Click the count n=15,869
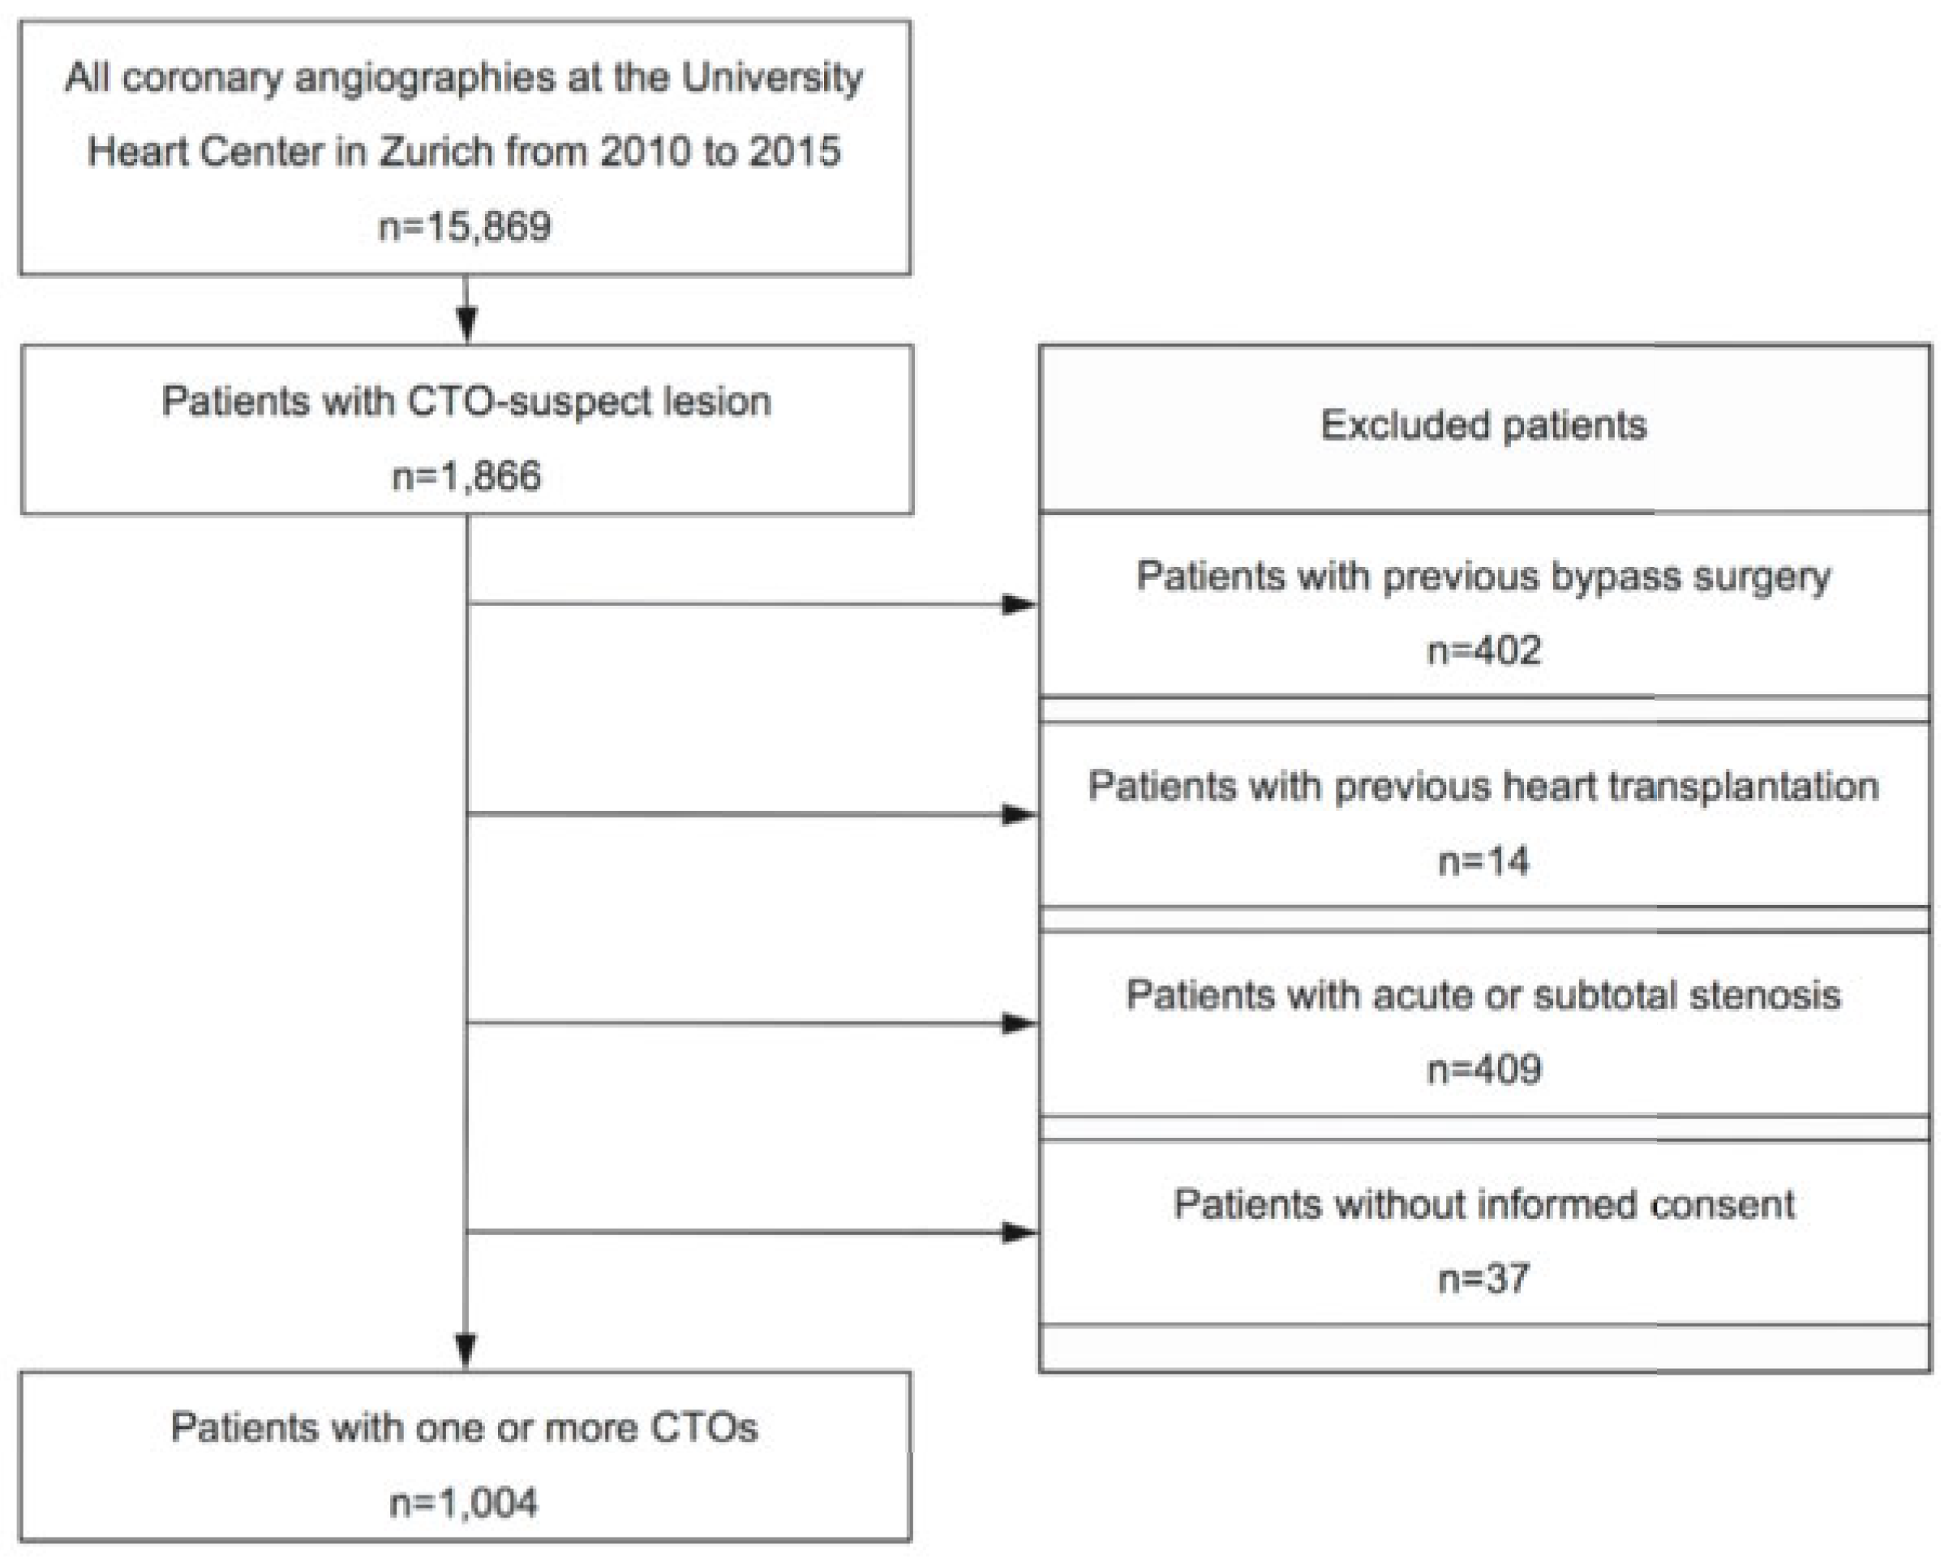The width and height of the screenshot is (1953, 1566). point(464,226)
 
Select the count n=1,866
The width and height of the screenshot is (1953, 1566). point(466,475)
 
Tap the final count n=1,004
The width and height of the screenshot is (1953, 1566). point(463,1503)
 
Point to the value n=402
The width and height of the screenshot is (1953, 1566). point(1483,650)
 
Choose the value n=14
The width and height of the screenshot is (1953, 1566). point(1483,860)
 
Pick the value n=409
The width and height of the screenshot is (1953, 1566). point(1483,1070)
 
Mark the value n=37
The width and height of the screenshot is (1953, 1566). point(1483,1279)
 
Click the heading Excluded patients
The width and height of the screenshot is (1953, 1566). point(1483,425)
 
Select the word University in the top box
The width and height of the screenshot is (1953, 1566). point(772,78)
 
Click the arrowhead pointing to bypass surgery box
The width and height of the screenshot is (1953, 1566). point(1018,604)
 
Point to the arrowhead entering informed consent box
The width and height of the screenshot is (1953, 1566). point(1018,1232)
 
